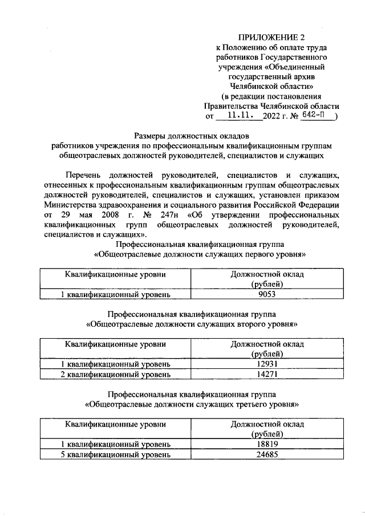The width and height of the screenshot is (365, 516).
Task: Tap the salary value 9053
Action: (x=267, y=294)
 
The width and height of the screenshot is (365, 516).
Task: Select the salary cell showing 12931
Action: (x=267, y=364)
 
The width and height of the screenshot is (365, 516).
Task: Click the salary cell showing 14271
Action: (x=267, y=374)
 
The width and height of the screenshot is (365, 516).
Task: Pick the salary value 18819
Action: (x=267, y=444)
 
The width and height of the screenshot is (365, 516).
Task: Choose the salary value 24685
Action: (x=267, y=454)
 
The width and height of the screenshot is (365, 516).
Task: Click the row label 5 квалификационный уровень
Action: (x=116, y=454)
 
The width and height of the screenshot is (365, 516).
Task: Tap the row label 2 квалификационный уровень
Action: (x=116, y=374)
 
